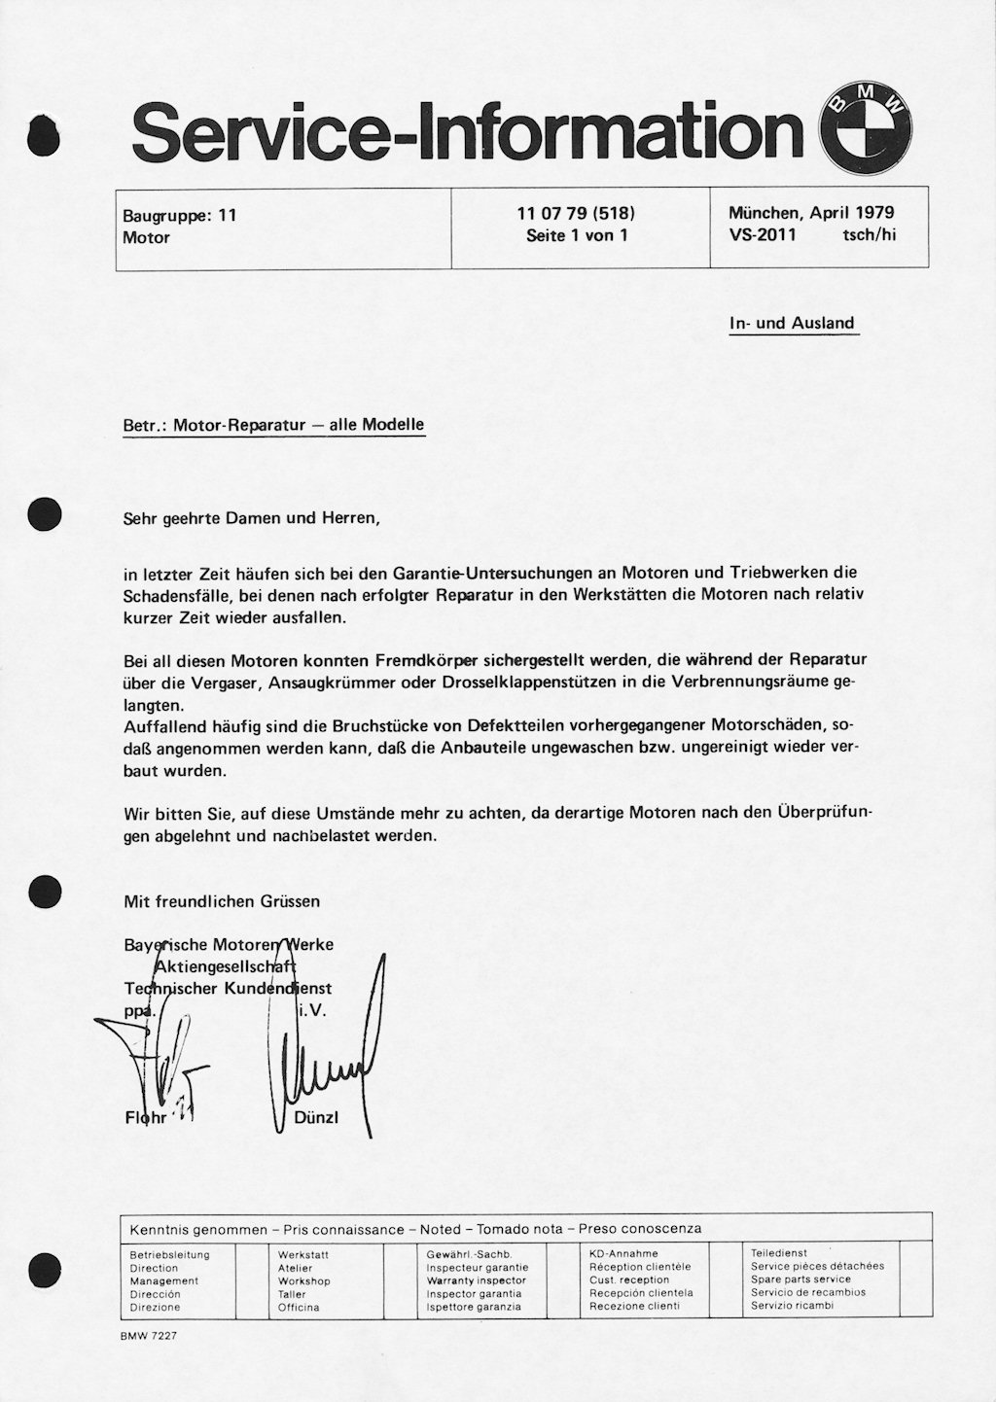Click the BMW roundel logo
[866, 131]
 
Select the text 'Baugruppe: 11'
[180, 215]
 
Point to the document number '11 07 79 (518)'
[577, 213]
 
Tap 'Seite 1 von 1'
[577, 235]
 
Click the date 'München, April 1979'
[811, 213]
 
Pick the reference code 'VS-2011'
[763, 235]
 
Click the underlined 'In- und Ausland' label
[792, 324]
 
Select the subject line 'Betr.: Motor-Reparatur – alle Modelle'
[274, 425]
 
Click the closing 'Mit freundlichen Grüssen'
[222, 901]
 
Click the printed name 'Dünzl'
[316, 1118]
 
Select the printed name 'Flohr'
[146, 1118]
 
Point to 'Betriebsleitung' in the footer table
[169, 1254]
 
